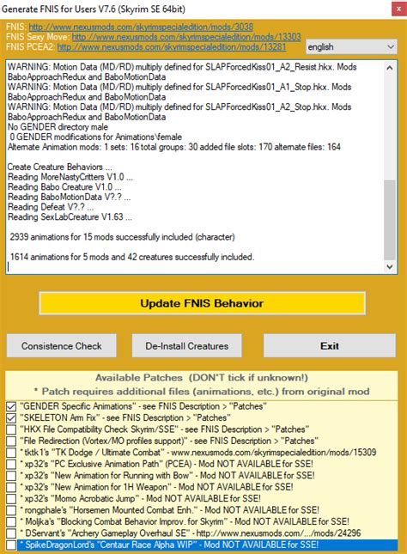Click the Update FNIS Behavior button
click(202, 304)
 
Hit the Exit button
click(330, 346)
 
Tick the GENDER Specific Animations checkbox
click(11, 405)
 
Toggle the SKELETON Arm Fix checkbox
click(11, 417)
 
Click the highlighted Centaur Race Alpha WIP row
click(172, 545)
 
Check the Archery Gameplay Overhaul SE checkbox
click(11, 533)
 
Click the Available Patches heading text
click(202, 378)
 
